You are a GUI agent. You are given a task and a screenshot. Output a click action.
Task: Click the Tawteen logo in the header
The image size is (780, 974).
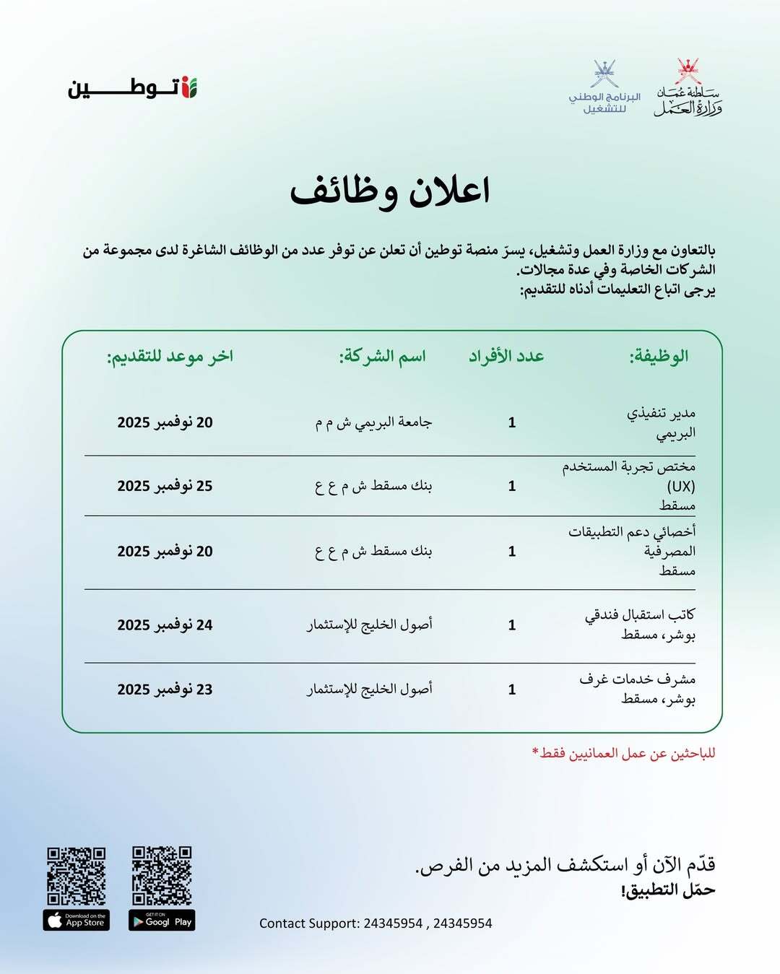point(133,88)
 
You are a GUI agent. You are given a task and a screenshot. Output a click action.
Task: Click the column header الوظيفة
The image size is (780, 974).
point(659,356)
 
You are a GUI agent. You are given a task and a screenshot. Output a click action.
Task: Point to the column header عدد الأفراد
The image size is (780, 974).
point(506,356)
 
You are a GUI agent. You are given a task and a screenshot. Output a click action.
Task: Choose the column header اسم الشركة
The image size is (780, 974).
point(383,356)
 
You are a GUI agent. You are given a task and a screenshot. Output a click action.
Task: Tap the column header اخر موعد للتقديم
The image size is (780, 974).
point(170,356)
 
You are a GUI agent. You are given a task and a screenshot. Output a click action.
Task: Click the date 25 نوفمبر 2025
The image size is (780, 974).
point(165,486)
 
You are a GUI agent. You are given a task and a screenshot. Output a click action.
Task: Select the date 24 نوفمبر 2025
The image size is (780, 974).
point(165,625)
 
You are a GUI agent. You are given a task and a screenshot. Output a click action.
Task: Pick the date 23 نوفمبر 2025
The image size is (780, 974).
point(165,690)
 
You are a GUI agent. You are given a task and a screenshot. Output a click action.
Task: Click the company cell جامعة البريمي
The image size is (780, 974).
point(373,422)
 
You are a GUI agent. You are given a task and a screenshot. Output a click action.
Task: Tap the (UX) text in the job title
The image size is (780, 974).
point(680,486)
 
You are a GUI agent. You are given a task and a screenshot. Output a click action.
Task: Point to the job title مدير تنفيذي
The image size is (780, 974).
point(661,413)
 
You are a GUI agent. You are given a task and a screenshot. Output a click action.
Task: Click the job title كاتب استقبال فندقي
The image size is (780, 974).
point(640,615)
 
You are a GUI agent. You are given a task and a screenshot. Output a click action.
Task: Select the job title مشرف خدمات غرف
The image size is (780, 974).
point(637,679)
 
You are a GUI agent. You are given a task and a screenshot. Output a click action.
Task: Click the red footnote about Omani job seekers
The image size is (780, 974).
point(624,753)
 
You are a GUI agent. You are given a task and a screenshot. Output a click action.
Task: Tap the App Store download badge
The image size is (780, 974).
point(77,921)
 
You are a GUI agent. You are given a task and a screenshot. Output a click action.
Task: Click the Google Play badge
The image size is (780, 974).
point(162,921)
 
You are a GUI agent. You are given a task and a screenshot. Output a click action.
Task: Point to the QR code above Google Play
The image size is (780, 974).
point(162,876)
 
